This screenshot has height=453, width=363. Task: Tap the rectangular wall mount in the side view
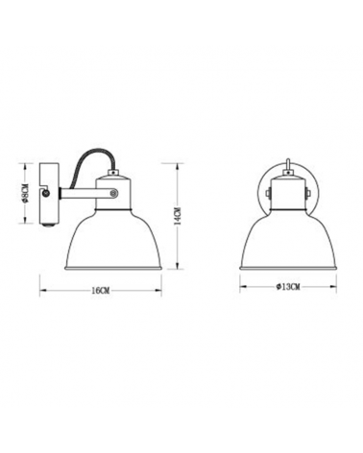(47, 203)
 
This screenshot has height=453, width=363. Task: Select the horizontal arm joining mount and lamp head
(82, 193)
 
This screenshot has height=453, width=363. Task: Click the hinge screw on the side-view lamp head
(116, 192)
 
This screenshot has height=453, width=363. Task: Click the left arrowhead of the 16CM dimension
(39, 282)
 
